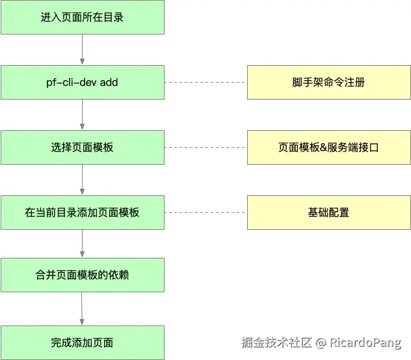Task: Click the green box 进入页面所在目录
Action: pos(82,17)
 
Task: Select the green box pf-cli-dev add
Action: pos(82,83)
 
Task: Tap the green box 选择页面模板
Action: pos(82,147)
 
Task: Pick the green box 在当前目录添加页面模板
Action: pos(82,212)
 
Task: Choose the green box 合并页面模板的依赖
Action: pos(82,275)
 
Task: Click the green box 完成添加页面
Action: pos(82,342)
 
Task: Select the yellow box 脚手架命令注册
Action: pos(328,83)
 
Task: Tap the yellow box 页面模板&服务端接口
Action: pos(328,147)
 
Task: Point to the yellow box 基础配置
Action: pos(328,212)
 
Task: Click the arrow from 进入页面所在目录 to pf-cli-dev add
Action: pos(82,49)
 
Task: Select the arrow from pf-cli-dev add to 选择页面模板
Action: pos(82,115)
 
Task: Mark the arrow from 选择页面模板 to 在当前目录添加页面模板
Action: pos(82,180)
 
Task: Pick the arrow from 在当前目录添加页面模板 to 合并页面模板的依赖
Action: pos(82,243)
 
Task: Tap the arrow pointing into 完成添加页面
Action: pos(82,309)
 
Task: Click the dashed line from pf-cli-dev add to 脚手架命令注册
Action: pos(205,83)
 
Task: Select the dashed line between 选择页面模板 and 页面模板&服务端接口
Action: pos(205,147)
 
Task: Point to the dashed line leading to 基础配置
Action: pos(205,212)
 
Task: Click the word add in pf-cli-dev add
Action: pos(109,83)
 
